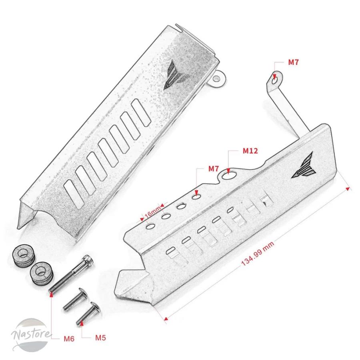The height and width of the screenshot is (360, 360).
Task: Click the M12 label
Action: click(250, 151)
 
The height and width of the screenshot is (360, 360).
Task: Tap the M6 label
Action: click(69, 339)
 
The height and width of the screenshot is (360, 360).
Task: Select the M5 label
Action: click(100, 338)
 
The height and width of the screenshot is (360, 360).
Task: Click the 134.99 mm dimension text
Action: click(258, 254)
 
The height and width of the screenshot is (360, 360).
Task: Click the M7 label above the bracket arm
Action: click(293, 62)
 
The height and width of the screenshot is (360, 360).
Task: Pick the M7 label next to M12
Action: click(214, 169)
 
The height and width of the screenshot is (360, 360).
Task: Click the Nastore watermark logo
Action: click(30, 335)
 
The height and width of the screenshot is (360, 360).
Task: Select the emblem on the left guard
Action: click(176, 75)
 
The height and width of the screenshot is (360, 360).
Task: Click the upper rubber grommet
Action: click(23, 256)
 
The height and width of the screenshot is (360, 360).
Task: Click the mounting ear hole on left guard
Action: click(216, 79)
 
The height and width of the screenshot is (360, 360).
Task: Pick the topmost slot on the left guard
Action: click(141, 113)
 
